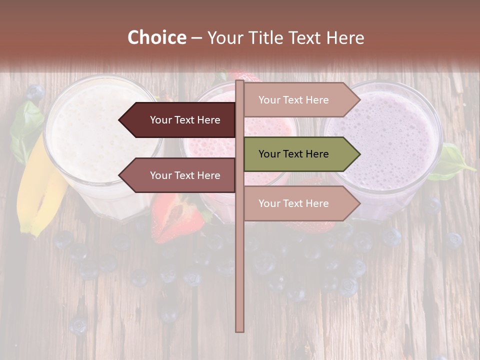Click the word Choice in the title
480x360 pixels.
156,38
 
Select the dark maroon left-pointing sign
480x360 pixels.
180,120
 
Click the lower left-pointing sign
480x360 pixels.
180,175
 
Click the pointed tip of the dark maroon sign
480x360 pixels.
120,120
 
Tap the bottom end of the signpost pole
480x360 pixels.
240,330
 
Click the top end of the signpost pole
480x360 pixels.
240,81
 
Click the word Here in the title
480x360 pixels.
345,38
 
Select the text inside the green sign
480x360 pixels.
293,154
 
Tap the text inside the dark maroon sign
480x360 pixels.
185,120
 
